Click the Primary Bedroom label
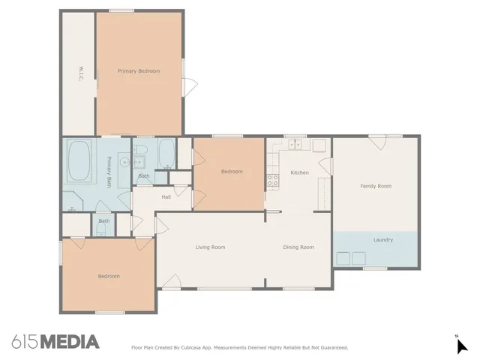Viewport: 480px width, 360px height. tap(139, 70)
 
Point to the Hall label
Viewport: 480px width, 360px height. tap(166, 197)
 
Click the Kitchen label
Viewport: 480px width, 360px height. tap(299, 172)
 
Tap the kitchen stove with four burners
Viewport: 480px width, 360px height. tap(274, 180)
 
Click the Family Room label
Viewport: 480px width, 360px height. tap(376, 186)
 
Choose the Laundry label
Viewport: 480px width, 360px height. tap(383, 239)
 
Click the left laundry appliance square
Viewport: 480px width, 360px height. tap(343, 259)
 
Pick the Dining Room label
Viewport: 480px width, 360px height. tap(298, 247)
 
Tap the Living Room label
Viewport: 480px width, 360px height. tap(210, 247)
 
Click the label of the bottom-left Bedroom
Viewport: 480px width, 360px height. tap(109, 276)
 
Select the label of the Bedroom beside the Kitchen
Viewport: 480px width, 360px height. tap(232, 172)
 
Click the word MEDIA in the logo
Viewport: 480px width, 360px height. tap(69, 342)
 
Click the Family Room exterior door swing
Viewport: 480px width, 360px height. tap(376, 141)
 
